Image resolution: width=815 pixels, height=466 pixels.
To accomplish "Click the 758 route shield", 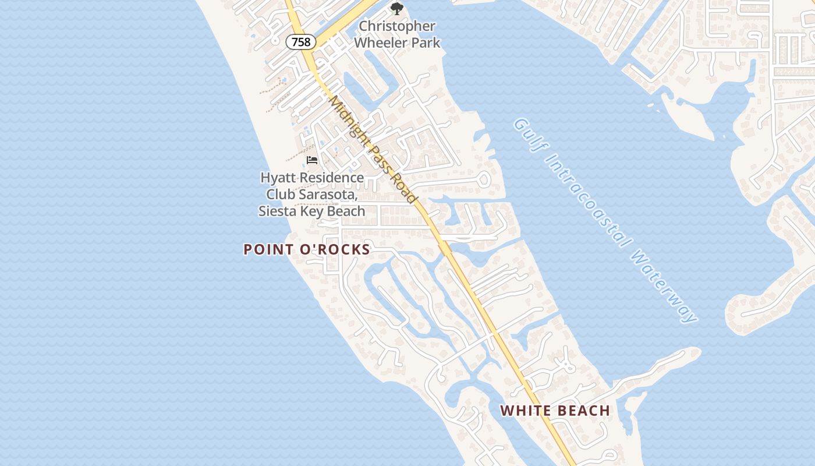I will click(301, 42).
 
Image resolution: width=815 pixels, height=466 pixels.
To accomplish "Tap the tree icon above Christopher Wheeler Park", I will click(396, 9).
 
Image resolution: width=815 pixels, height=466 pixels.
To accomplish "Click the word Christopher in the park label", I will click(397, 26).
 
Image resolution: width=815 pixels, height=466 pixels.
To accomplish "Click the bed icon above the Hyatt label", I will click(312, 160).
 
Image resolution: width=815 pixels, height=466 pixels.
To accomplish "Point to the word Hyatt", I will click(278, 178).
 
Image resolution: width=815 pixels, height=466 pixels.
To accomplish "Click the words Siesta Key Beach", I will click(312, 211).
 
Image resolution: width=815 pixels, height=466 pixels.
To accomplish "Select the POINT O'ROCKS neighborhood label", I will click(306, 249).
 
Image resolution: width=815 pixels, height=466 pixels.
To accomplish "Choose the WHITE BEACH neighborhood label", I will click(555, 411).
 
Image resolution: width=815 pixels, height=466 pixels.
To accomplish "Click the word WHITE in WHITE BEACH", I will click(525, 411).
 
